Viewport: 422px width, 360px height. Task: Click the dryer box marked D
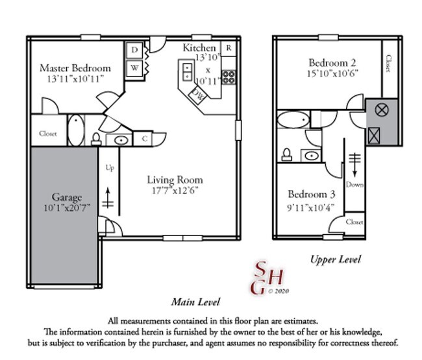[x=134, y=50]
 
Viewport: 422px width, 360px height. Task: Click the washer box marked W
[x=134, y=68]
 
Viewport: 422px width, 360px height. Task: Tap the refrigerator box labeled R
[x=229, y=48]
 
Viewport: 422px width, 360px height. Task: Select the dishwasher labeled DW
[x=198, y=95]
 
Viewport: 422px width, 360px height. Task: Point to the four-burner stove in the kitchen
[x=229, y=77]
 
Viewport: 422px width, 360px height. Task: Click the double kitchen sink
[x=187, y=71]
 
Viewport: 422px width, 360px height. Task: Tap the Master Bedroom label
[x=75, y=68]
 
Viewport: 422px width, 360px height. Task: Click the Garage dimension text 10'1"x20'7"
[x=67, y=208]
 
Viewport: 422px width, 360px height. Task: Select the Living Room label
[x=175, y=180]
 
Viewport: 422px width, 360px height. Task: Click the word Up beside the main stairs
[x=110, y=168]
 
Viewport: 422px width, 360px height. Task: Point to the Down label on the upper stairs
[x=354, y=184]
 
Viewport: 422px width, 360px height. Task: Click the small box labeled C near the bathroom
[x=145, y=139]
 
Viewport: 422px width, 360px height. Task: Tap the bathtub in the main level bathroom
[x=76, y=130]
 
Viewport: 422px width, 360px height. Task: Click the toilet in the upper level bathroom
[x=286, y=154]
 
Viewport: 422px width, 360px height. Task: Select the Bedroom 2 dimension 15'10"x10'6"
[x=332, y=74]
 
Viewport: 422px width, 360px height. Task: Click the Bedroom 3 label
[x=312, y=194]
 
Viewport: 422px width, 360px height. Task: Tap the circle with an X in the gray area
[x=382, y=110]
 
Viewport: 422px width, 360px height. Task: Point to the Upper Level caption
[x=336, y=259]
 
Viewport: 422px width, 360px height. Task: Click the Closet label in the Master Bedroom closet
[x=48, y=134]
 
